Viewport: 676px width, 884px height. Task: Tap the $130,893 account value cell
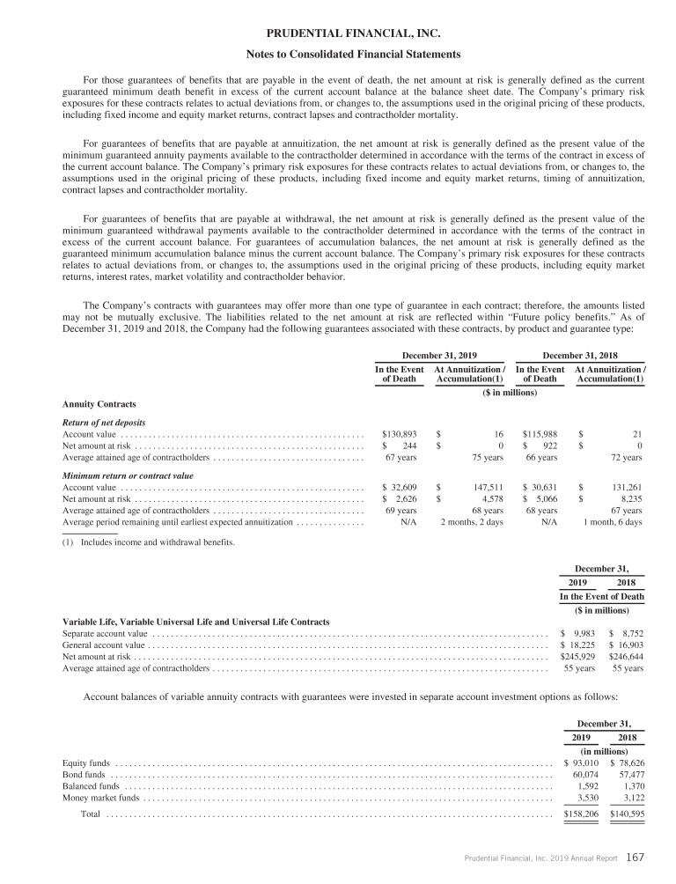[400, 434]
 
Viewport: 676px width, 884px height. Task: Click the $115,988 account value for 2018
[540, 434]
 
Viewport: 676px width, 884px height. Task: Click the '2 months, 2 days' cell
[471, 522]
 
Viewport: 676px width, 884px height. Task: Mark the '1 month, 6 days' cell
[612, 522]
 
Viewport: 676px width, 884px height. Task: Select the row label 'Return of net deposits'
[103, 422]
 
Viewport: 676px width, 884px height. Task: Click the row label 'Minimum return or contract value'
[124, 474]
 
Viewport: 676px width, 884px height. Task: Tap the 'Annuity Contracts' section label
[99, 404]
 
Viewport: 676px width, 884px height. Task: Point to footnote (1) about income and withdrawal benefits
[149, 541]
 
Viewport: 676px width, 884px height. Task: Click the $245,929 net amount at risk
[577, 656]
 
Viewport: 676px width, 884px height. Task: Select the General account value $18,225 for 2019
[578, 645]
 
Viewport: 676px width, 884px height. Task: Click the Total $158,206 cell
[580, 814]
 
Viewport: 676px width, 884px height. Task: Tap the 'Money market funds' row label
[100, 798]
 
